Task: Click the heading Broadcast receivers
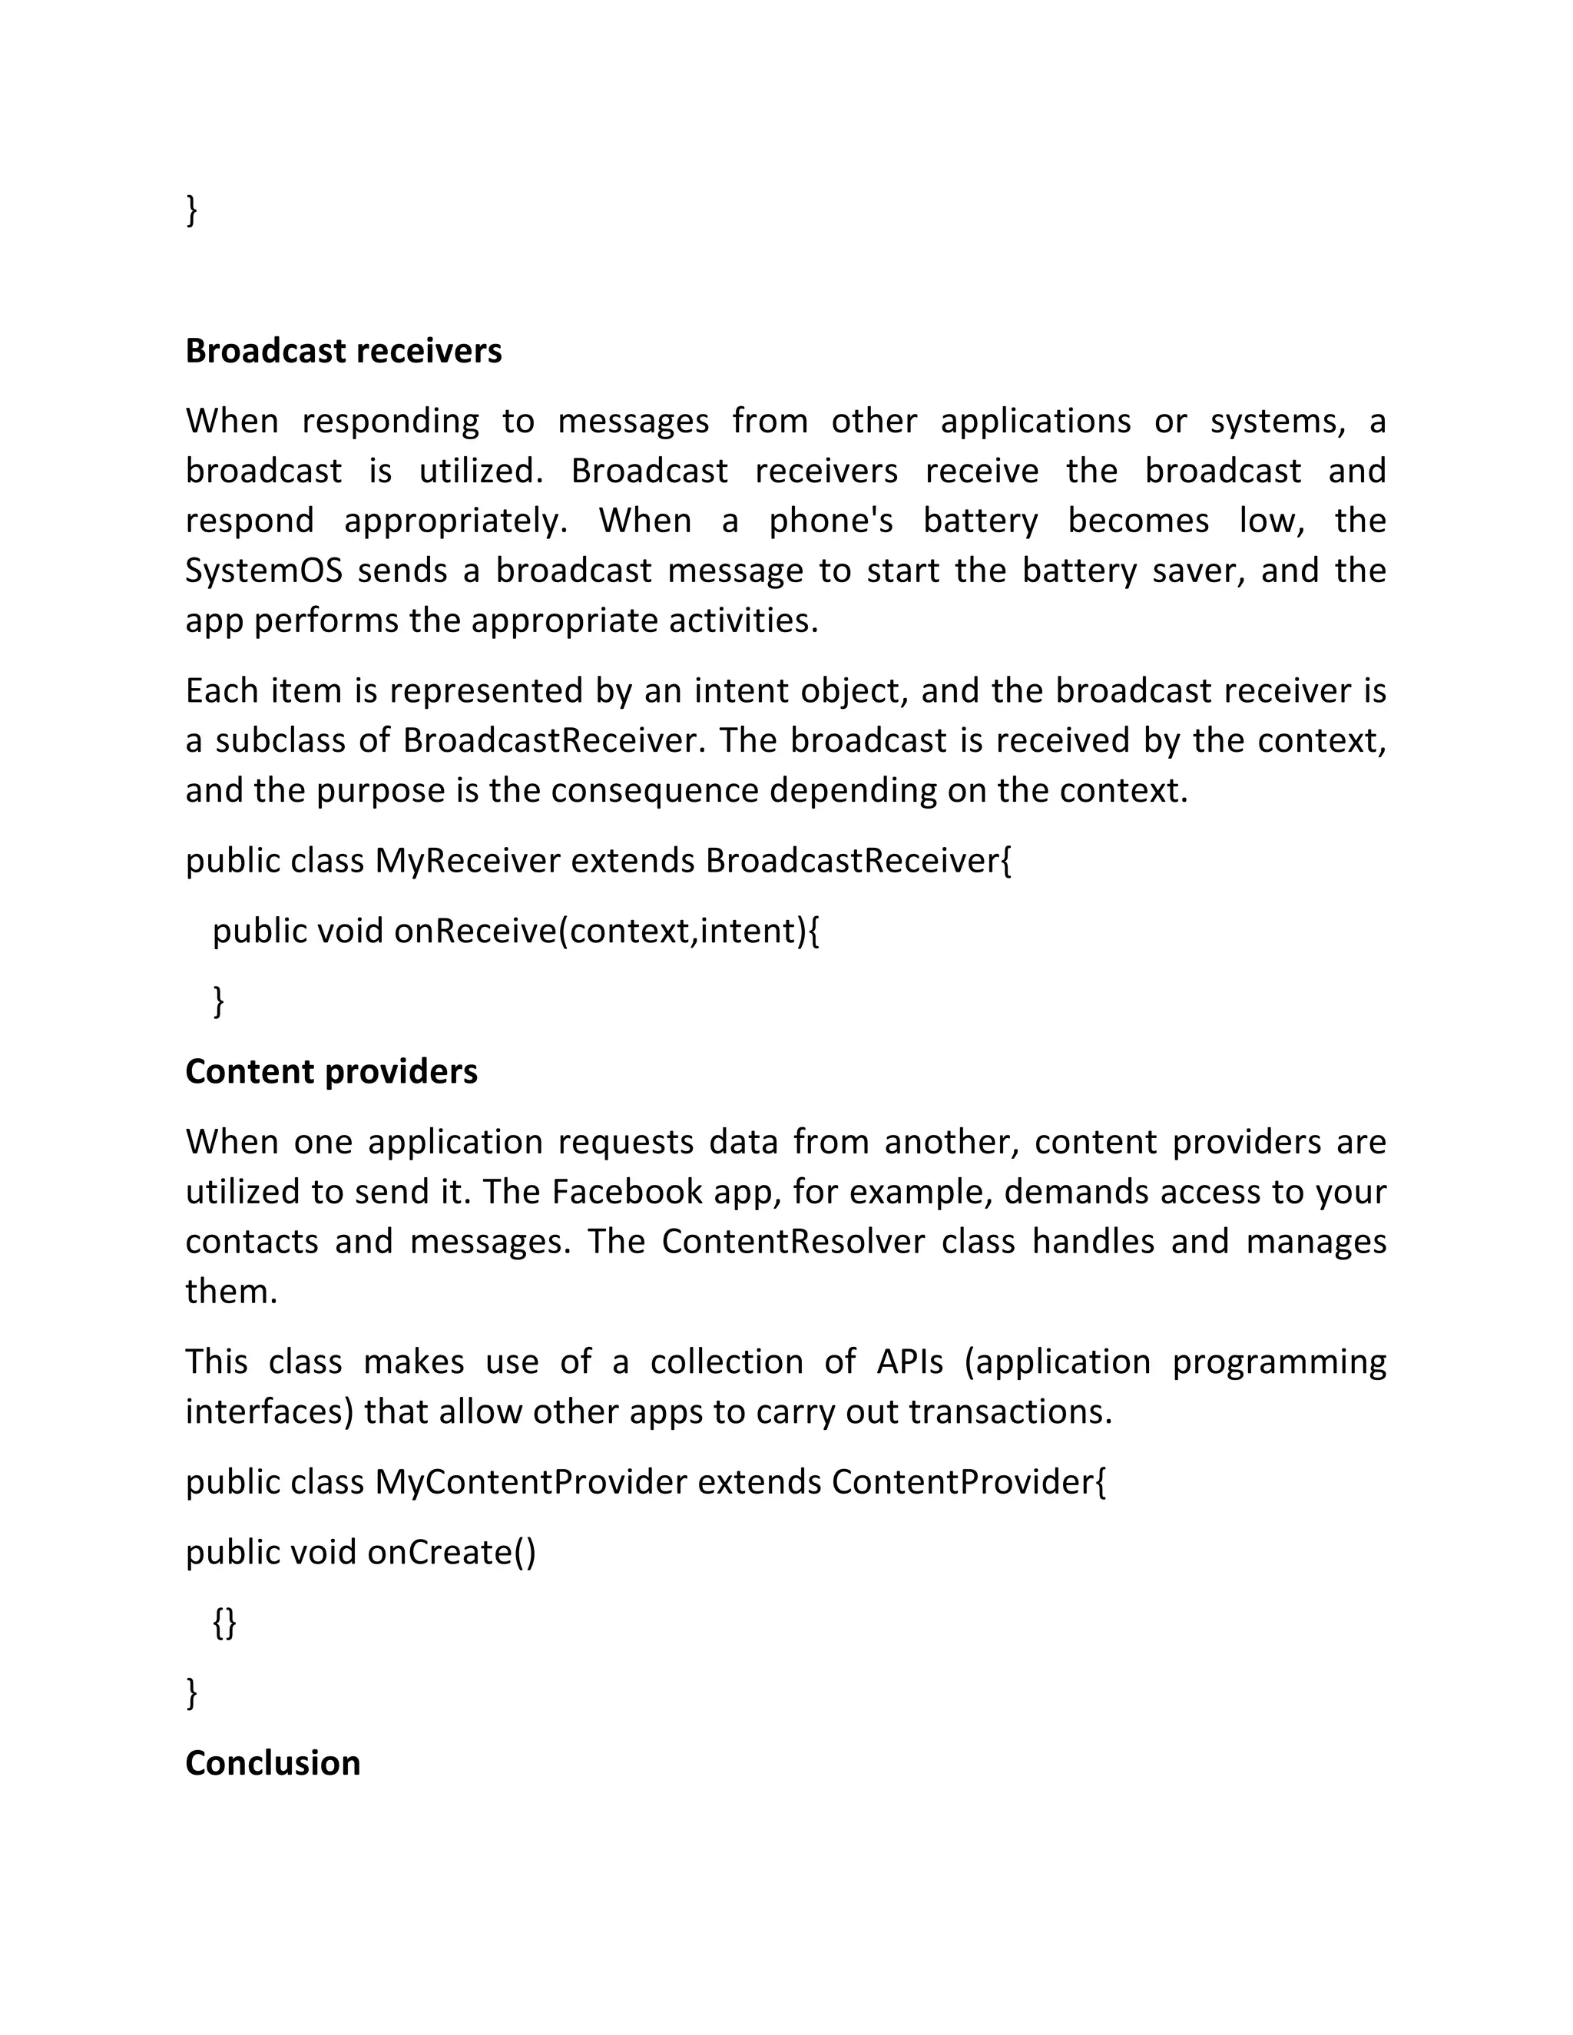pos(343,351)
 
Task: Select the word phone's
pos(830,521)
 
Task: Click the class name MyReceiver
pos(467,860)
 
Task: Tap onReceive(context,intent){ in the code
pos(607,930)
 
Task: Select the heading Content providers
pos(331,1071)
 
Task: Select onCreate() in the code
pos(451,1551)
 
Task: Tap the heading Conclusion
pos(272,1763)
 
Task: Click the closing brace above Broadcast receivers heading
pos(192,209)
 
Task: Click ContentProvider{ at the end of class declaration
pos(969,1481)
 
